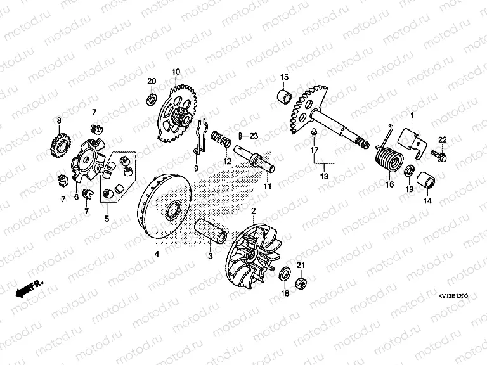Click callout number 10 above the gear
(x=176, y=71)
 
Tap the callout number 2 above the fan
(x=254, y=210)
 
